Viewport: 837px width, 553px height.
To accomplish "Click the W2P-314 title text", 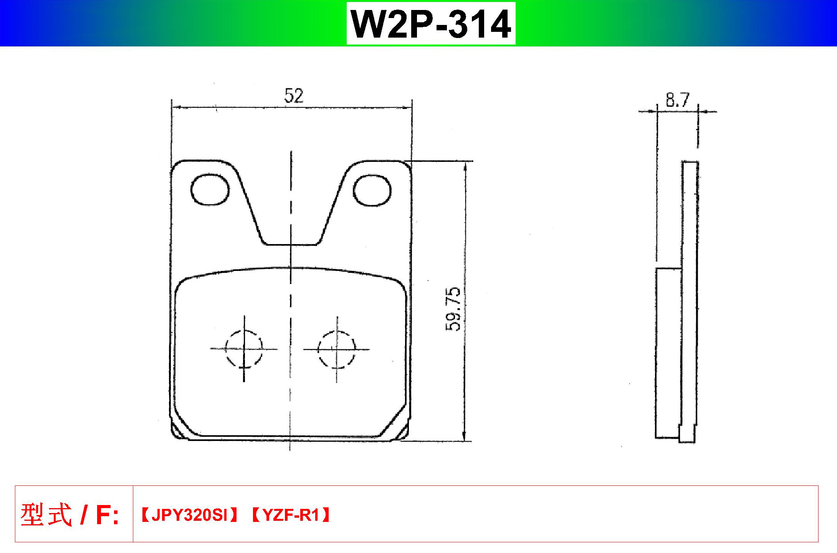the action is pos(431,24).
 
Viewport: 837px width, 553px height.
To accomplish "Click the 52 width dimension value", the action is pos(294,96).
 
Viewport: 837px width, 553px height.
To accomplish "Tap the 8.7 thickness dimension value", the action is pos(678,100).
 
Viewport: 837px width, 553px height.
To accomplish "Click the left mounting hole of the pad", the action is pos(210,190).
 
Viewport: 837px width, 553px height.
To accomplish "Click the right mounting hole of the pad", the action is pos(372,190).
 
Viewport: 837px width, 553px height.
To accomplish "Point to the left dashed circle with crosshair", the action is pos(244,349).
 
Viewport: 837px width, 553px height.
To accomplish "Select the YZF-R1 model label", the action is pos(291,516).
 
